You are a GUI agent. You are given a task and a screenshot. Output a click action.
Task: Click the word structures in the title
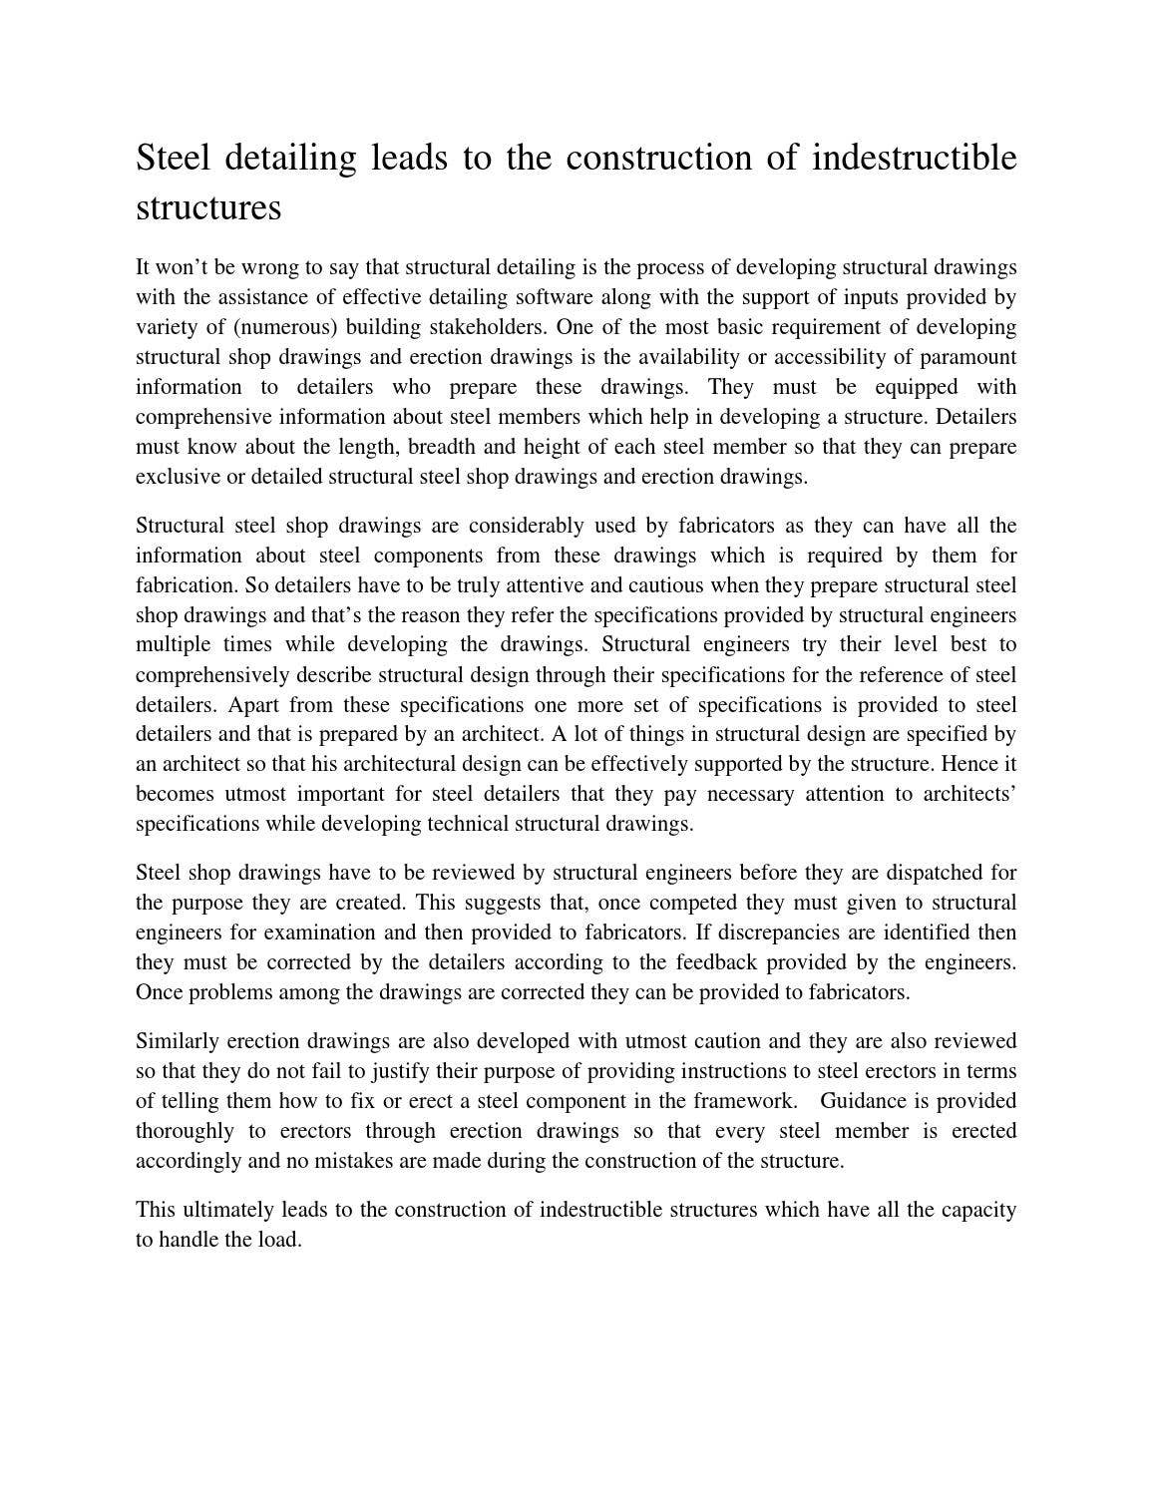pos(208,207)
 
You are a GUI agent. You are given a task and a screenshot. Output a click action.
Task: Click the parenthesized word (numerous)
pos(292,327)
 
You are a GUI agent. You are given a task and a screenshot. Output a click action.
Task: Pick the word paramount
pos(971,357)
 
